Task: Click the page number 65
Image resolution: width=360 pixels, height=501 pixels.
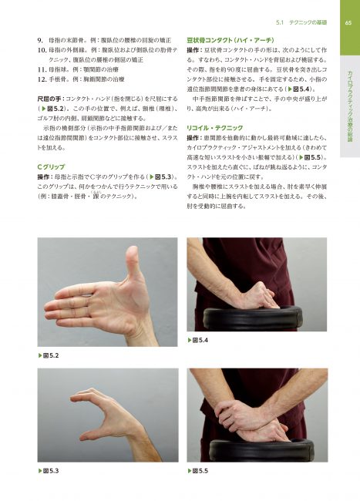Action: click(x=348, y=22)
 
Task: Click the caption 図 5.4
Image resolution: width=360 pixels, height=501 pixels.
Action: click(x=198, y=340)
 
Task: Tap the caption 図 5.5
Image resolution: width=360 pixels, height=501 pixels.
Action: click(x=198, y=469)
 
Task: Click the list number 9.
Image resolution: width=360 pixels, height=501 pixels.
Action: click(x=41, y=38)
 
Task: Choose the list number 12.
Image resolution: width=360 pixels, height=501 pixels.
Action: click(x=43, y=78)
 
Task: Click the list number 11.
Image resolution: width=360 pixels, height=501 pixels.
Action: click(x=43, y=68)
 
